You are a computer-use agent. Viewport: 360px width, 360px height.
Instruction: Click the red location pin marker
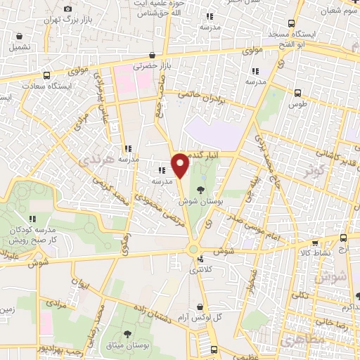[x=180, y=165]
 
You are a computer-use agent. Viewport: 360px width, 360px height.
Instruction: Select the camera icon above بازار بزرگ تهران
[x=67, y=8]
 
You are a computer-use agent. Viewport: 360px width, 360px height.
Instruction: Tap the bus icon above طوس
[x=297, y=91]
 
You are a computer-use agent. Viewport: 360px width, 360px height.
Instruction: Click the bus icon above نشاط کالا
[x=344, y=238]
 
